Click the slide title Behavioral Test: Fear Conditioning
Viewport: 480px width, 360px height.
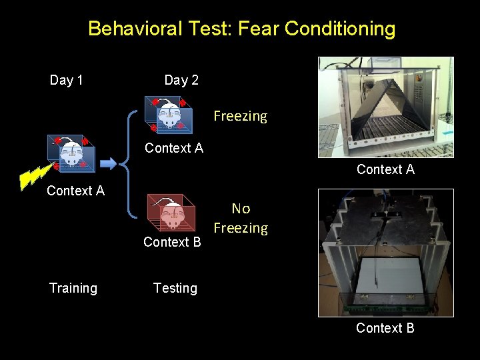click(241, 29)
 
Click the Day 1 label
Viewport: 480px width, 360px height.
click(67, 81)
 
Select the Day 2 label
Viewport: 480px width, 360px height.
click(181, 81)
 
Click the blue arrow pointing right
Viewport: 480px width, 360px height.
click(107, 161)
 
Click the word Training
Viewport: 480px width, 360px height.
click(73, 288)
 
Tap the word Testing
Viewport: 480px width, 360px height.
click(175, 288)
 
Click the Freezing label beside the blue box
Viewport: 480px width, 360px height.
click(240, 116)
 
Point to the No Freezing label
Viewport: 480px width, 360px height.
click(240, 219)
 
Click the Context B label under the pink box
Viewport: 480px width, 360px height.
click(172, 242)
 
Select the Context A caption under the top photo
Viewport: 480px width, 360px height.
click(385, 169)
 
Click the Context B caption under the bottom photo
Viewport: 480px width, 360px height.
click(385, 328)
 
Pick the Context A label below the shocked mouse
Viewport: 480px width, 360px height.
click(75, 191)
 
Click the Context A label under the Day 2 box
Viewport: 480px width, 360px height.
click(173, 148)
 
